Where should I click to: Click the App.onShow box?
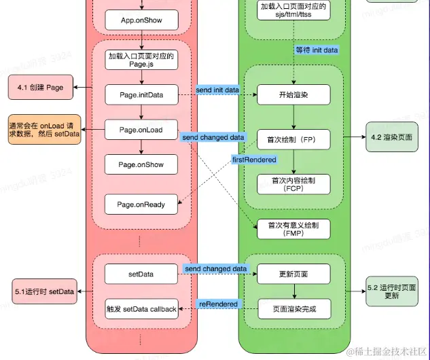(x=141, y=20)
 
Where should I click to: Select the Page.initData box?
(x=141, y=94)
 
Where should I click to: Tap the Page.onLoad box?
(x=141, y=130)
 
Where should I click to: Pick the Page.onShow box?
(x=141, y=164)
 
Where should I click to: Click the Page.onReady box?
(x=141, y=204)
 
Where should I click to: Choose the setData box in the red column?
(x=141, y=274)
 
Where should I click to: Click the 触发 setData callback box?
(x=141, y=309)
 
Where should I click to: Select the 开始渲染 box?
(x=293, y=94)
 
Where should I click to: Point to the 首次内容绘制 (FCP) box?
(x=293, y=184)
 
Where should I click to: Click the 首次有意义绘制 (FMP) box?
(x=293, y=228)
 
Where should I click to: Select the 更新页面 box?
(x=293, y=274)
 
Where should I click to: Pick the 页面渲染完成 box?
(x=293, y=309)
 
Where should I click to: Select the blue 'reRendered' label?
(x=218, y=304)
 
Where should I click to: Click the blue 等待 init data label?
(x=317, y=50)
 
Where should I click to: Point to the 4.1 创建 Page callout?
(x=40, y=88)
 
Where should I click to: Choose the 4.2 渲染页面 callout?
(x=391, y=137)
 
